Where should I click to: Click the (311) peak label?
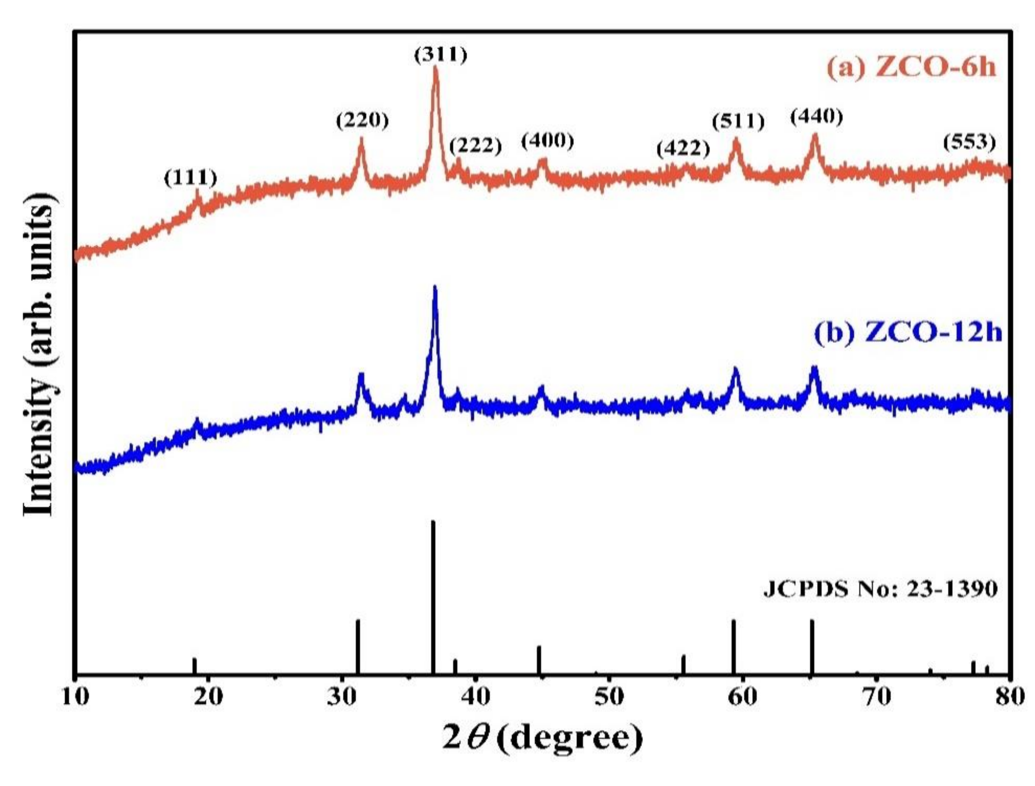coord(440,56)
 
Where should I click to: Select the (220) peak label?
coord(362,121)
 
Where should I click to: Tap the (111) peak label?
coord(191,178)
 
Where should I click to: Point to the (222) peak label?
coord(475,147)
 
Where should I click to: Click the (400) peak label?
coord(547,141)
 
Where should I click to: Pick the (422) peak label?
coord(683,149)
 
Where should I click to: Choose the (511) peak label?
coord(738,122)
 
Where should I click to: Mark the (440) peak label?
coord(817,117)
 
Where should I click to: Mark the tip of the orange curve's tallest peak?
coord(436,68)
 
